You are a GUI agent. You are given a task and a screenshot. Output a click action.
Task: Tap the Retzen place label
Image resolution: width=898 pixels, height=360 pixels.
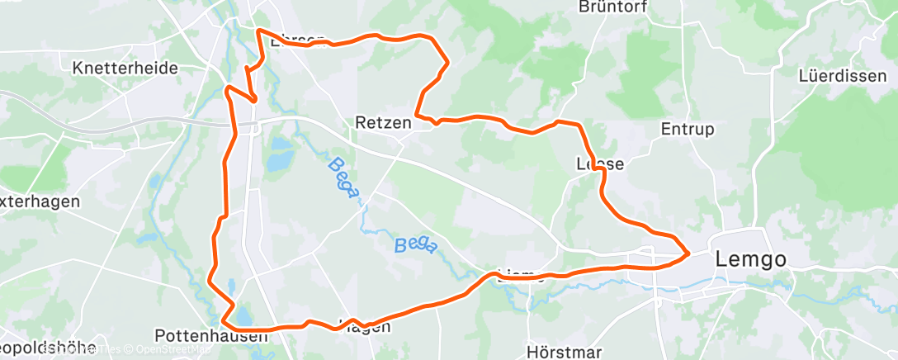pyautogui.click(x=383, y=123)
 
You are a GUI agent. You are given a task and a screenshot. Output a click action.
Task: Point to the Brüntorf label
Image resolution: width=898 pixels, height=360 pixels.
pyautogui.click(x=613, y=7)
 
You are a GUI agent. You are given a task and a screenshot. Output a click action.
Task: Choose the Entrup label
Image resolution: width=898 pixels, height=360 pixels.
pyautogui.click(x=688, y=129)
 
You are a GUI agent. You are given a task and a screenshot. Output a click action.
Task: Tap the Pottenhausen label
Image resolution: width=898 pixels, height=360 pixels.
pyautogui.click(x=211, y=336)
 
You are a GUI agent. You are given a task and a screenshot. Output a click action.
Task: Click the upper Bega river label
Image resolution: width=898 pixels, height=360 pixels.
pyautogui.click(x=343, y=178)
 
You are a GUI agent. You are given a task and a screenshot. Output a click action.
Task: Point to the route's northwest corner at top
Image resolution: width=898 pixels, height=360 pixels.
pyautogui.click(x=260, y=31)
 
